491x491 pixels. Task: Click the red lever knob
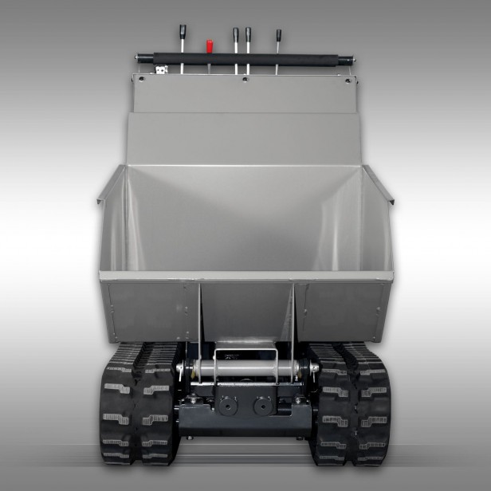pyautogui.click(x=210, y=45)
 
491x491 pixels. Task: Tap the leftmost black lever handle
pyautogui.click(x=182, y=32)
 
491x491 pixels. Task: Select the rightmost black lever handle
pyautogui.click(x=278, y=36)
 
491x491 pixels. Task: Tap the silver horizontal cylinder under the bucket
pyautogui.click(x=245, y=369)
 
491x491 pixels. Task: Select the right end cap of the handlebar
pyautogui.click(x=351, y=59)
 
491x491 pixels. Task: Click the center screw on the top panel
pyautogui.click(x=245, y=78)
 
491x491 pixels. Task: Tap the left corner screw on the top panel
pyautogui.click(x=141, y=78)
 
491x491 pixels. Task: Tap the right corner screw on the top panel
pyautogui.click(x=348, y=78)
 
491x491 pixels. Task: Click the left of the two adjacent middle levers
pyautogui.click(x=236, y=35)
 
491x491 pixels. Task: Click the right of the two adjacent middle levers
pyautogui.click(x=248, y=35)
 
